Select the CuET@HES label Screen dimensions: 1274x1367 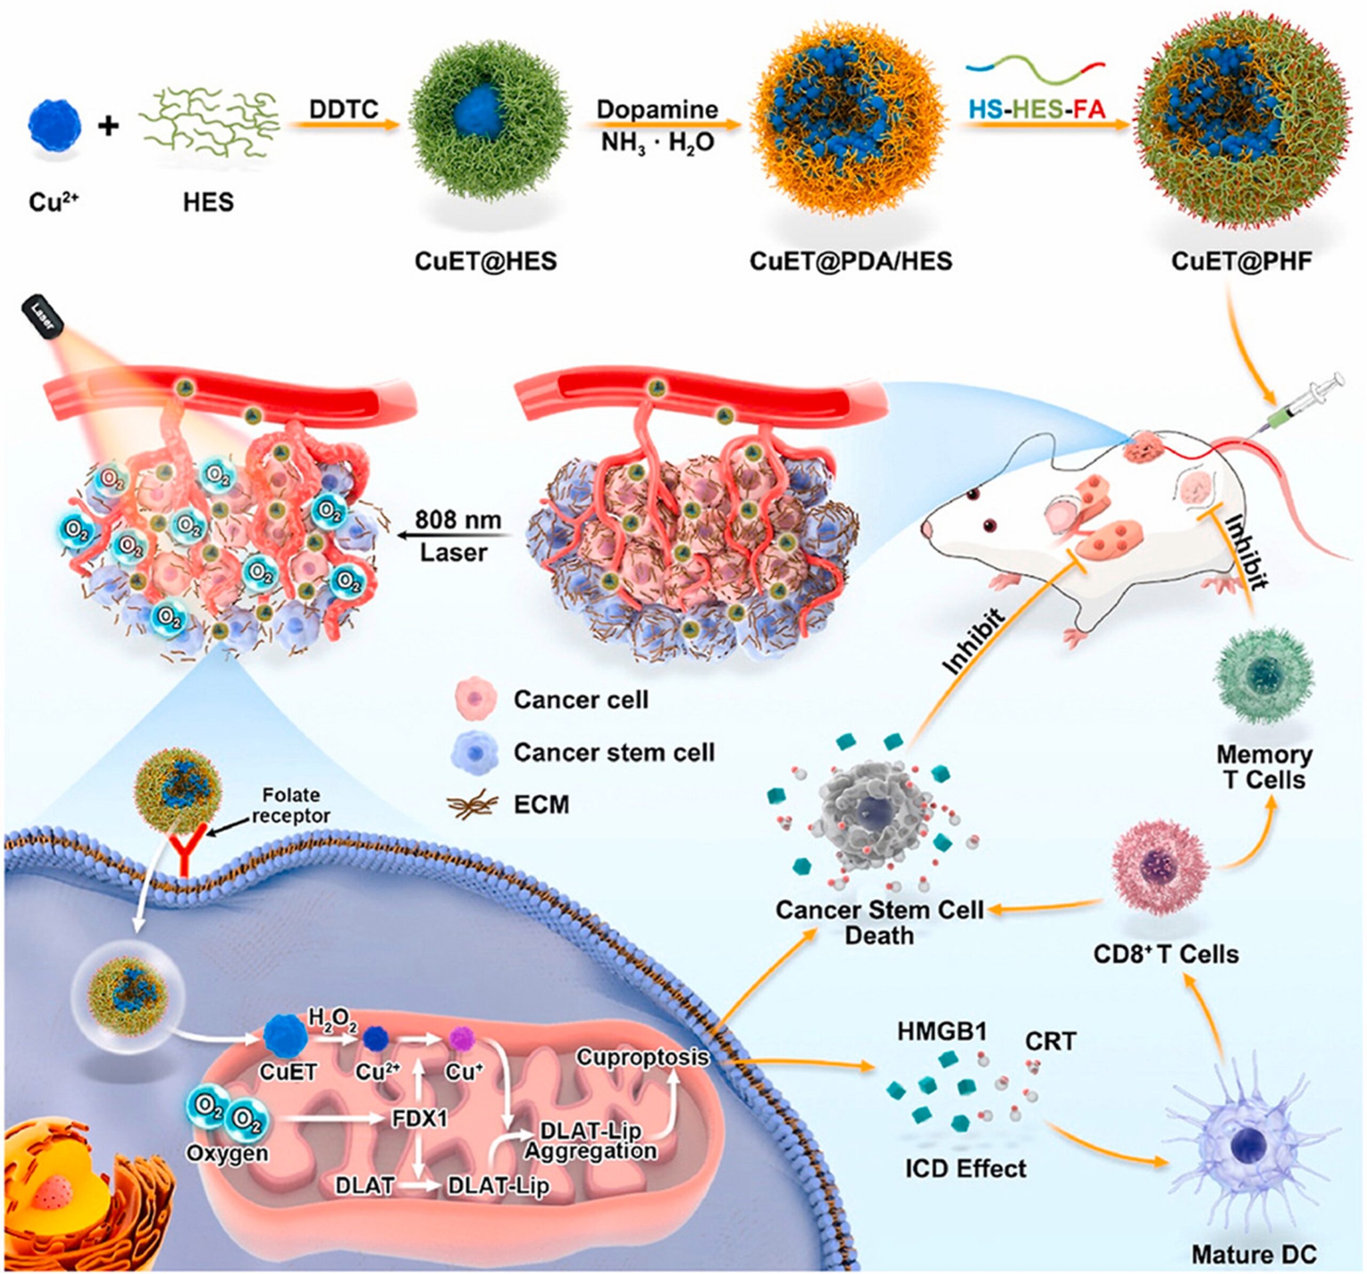[485, 261]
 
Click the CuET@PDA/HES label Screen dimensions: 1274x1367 [851, 261]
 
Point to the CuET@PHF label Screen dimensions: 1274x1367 [1240, 261]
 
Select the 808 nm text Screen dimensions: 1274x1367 [458, 519]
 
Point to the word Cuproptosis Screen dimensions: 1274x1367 [642, 1057]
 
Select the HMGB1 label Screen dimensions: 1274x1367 [941, 1031]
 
